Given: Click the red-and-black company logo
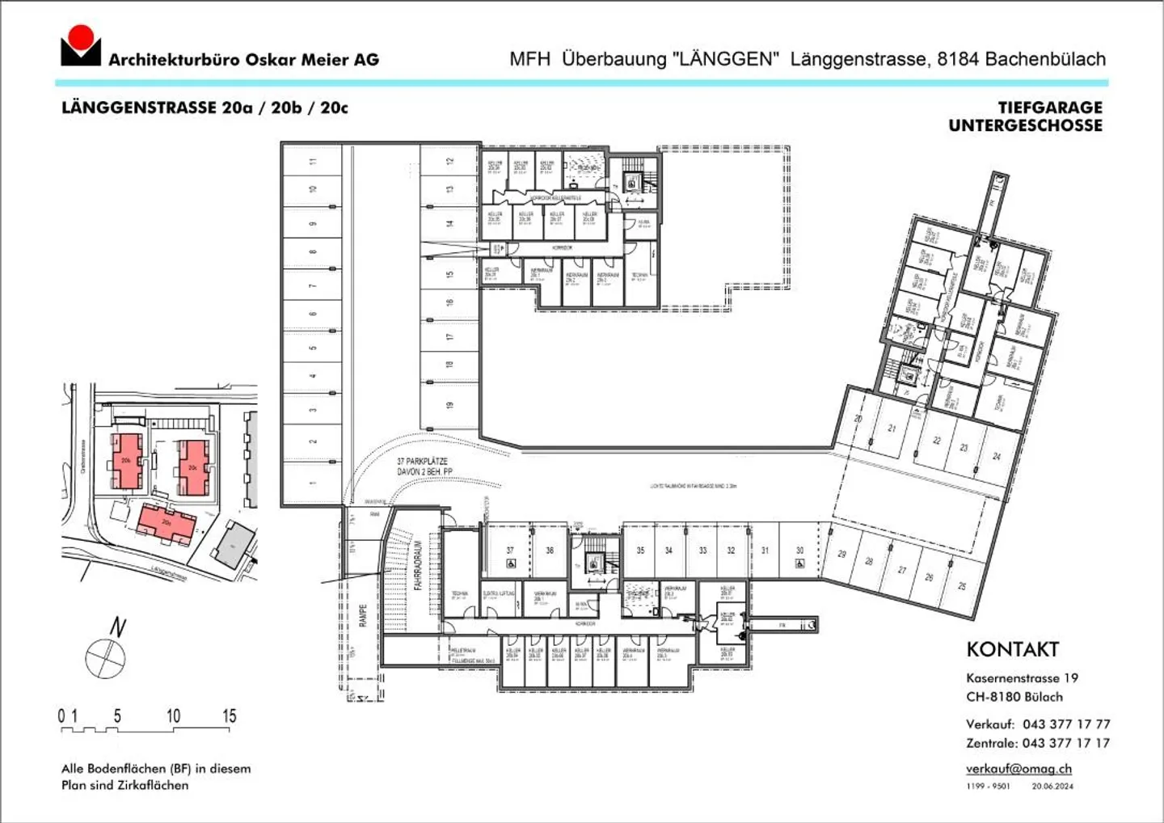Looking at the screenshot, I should coord(80,46).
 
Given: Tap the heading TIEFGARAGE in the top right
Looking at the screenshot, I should coord(1049,108).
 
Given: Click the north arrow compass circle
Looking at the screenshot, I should coord(105,656).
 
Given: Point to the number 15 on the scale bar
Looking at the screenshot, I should coord(229,715).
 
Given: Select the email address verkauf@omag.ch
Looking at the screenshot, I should coord(1018,769).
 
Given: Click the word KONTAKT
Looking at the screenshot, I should coord(1012,649).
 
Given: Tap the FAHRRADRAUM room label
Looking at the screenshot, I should coord(419,565).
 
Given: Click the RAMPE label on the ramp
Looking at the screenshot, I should coord(363,615).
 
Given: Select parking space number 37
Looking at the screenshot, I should coord(510,551).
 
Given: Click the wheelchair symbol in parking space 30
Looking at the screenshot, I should coord(799,563).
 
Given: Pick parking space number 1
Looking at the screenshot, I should coord(313,483).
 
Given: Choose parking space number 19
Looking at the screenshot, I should coord(449,404).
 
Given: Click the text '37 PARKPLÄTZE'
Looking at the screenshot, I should coord(422,461).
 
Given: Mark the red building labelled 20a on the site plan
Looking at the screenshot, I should coord(166,524).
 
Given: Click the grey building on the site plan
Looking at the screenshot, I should coord(234,544).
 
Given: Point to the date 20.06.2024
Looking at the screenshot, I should coord(1052,786).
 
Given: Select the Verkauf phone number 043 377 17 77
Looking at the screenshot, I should coord(1065,724).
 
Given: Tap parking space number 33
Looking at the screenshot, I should coord(702,551).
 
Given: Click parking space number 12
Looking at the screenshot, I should coord(449,161).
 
